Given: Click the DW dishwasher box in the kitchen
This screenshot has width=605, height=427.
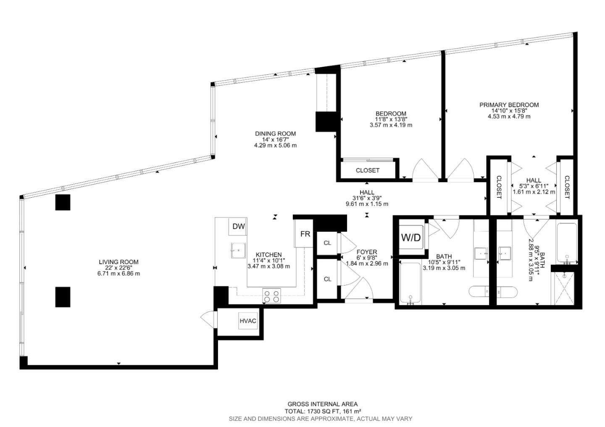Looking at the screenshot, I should pos(238,227).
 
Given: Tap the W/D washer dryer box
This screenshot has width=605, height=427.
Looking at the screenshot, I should pos(410,238).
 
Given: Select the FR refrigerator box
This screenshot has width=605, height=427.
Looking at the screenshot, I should pos(305,234).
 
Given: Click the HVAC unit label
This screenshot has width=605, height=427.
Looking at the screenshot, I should pos(248,321).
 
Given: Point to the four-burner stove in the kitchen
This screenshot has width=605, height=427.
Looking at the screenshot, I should pos(271,296).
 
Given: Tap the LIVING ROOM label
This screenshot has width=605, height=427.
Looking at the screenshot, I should pos(118,262).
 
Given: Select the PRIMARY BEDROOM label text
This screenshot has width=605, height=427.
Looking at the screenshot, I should pos(509,105).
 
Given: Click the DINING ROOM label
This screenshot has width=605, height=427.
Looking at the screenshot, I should pos(275,134).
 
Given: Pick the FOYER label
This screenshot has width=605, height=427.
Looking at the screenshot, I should pos(367,252).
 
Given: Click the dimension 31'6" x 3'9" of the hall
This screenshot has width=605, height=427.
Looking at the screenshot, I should pos(367,198).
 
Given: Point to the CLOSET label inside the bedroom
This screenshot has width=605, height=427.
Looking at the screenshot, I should pos(367,170).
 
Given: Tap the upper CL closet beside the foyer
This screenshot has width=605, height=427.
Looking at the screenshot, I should pos(327,243).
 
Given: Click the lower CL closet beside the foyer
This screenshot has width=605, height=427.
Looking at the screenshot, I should pos(327,279).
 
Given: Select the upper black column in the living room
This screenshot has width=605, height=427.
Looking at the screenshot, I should pos(63,202).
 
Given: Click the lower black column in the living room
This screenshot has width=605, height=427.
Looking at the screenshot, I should pos(63,296).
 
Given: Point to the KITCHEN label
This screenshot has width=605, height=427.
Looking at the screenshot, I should pos(268,255).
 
